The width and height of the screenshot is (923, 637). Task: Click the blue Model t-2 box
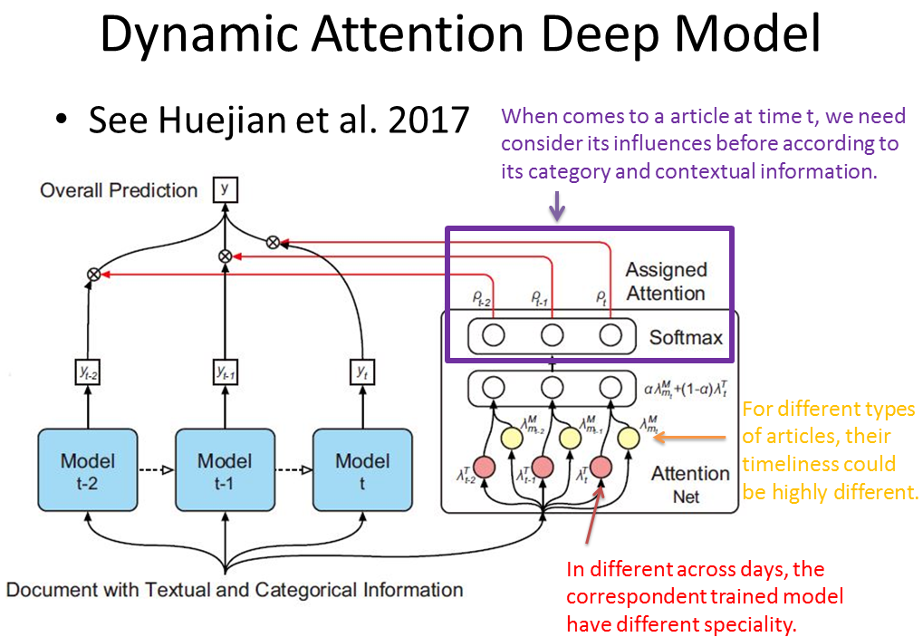point(87,471)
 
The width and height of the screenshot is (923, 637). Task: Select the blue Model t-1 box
point(224,471)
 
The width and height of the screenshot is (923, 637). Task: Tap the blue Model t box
point(361,471)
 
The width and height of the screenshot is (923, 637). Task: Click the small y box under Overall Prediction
point(225,188)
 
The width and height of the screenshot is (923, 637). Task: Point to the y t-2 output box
point(87,371)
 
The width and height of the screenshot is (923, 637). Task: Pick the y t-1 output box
point(224,371)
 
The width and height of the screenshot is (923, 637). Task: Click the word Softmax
point(686,338)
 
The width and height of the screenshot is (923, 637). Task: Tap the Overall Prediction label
point(119,190)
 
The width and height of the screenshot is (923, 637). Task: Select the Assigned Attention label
point(666,281)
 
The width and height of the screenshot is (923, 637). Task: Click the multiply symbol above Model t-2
point(92,273)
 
